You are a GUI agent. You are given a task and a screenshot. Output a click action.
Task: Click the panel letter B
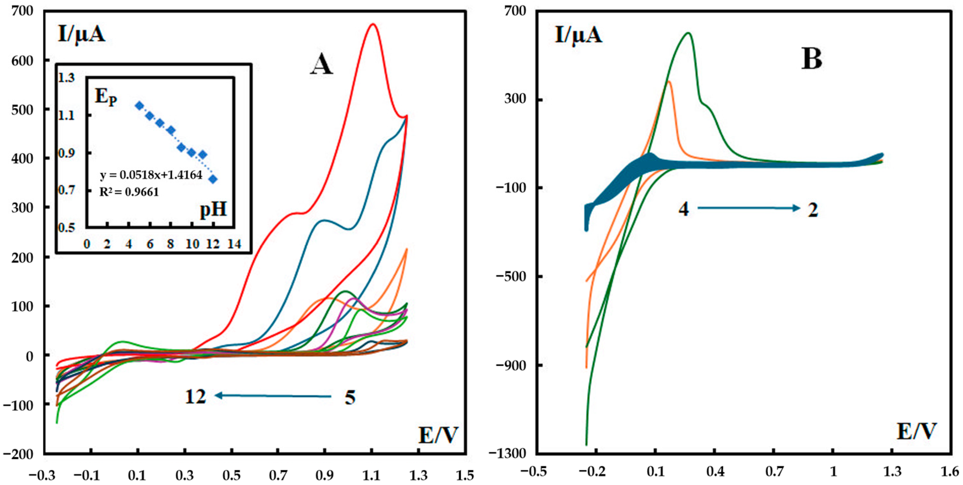click(811, 59)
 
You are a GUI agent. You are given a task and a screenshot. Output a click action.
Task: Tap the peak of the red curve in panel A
click(372, 24)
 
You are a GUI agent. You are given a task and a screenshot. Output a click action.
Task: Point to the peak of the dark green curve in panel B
click(688, 43)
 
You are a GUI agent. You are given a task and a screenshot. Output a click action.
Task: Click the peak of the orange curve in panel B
click(669, 81)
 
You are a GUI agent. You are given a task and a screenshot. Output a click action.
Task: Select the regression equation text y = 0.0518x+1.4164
click(151, 175)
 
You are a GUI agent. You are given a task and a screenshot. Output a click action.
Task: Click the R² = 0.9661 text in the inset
click(129, 192)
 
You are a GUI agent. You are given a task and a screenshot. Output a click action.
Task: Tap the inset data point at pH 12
click(213, 179)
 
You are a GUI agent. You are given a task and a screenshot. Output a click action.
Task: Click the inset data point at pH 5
click(139, 106)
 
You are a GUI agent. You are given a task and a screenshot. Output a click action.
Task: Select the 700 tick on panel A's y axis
click(22, 11)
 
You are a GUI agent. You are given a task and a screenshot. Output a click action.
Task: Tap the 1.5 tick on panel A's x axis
click(465, 475)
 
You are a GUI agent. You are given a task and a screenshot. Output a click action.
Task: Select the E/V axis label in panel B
click(916, 432)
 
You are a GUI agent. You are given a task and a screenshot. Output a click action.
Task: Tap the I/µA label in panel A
click(81, 34)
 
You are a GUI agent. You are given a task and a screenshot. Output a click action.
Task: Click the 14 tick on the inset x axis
click(234, 244)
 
